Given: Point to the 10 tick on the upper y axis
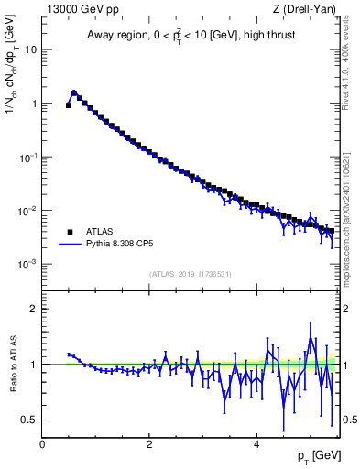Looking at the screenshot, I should (32, 49).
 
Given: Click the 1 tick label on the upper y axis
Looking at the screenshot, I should (35, 104).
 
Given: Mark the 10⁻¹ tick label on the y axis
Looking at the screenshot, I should (29, 157).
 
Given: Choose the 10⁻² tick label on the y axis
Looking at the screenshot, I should (29, 211).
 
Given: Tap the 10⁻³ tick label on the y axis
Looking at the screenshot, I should (29, 264).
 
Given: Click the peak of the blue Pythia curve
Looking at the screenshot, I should (74, 93).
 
